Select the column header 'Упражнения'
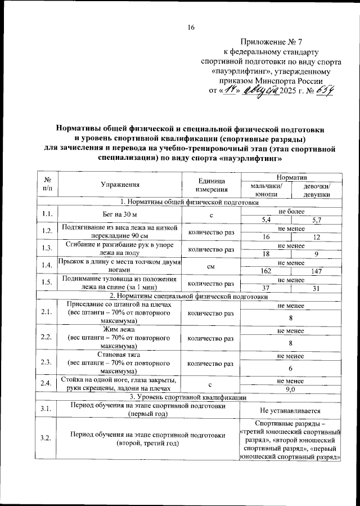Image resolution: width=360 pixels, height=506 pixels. pyautogui.click(x=120, y=184)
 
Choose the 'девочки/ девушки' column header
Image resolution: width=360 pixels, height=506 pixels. pyautogui.click(x=316, y=189)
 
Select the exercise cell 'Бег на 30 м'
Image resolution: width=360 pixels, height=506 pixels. pyautogui.click(x=120, y=216)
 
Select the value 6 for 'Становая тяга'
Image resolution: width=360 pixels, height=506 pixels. pyautogui.click(x=291, y=368)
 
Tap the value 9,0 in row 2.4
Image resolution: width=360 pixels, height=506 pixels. pyautogui.click(x=291, y=389)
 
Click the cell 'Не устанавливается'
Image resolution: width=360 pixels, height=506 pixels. pyautogui.click(x=291, y=410)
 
